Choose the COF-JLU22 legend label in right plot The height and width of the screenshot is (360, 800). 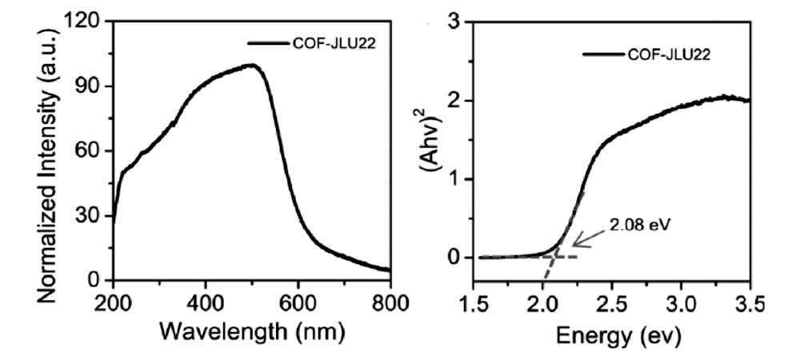[670, 55]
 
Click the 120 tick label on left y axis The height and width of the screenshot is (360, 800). [85, 22]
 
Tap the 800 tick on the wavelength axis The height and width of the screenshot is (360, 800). [390, 302]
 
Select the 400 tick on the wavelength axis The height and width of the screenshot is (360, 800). [206, 302]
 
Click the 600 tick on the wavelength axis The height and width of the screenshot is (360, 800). [298, 302]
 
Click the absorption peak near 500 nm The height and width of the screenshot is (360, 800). [252, 66]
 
